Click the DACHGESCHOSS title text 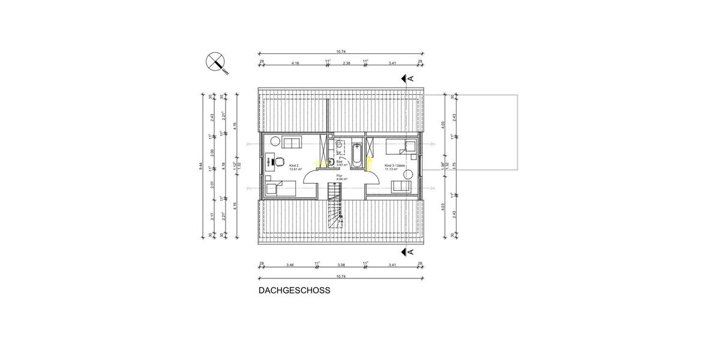[x=294, y=290]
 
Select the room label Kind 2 [x=293, y=165]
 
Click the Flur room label [x=339, y=176]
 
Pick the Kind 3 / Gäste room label [x=395, y=165]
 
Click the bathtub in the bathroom [x=357, y=155]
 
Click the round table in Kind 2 [x=273, y=142]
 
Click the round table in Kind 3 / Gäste [x=409, y=174]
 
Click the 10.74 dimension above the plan [x=340, y=53]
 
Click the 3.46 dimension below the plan [x=290, y=264]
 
